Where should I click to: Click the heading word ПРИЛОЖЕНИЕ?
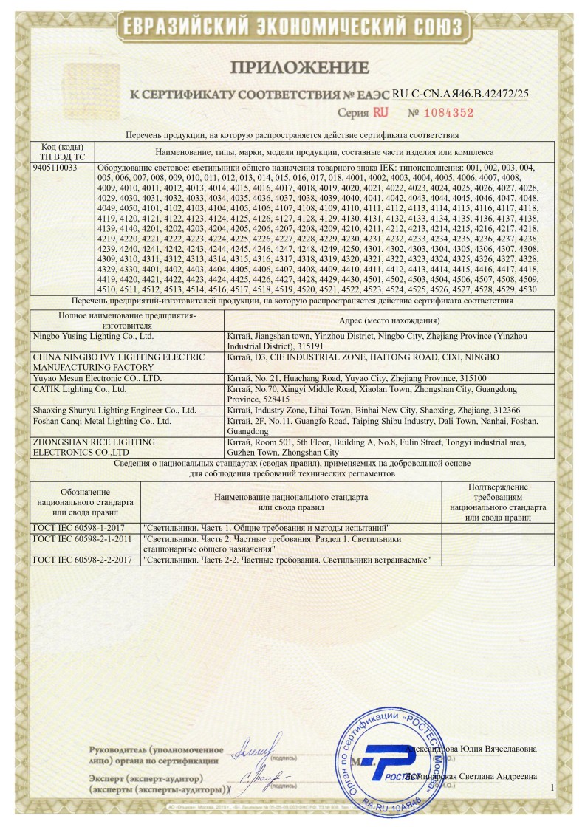click(300, 69)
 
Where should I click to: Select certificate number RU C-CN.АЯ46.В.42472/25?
click(461, 94)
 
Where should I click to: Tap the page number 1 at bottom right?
click(552, 789)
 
